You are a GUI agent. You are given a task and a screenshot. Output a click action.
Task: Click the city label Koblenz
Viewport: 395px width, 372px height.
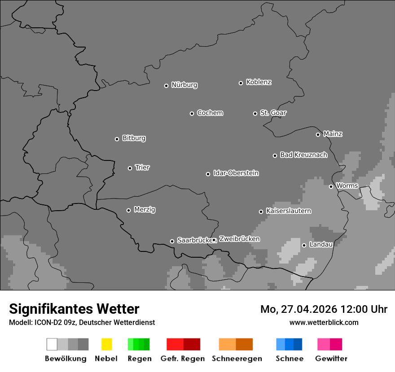[x=259, y=82]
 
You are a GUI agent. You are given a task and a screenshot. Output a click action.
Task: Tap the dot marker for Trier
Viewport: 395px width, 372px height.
[x=130, y=168]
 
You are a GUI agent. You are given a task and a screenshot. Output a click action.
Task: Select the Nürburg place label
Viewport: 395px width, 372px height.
[x=184, y=85]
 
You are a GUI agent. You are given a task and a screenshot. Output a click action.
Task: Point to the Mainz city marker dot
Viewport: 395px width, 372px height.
[x=318, y=134]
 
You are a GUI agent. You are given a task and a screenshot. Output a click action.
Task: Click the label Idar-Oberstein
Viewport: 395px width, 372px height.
[x=236, y=173]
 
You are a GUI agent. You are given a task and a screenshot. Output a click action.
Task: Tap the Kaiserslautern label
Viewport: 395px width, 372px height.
[x=288, y=211]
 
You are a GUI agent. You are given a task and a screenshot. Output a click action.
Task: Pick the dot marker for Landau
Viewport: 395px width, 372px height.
[x=304, y=245]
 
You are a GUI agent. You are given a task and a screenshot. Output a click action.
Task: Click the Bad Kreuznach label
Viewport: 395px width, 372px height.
[x=303, y=155]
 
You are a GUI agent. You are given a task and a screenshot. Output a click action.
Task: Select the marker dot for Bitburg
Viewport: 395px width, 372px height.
[x=117, y=139]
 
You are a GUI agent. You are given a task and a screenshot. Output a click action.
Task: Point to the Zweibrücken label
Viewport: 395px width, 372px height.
[x=239, y=239]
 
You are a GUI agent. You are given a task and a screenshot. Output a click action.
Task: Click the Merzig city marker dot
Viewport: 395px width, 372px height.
[x=128, y=210]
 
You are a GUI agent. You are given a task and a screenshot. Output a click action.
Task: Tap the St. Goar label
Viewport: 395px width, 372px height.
[x=273, y=113]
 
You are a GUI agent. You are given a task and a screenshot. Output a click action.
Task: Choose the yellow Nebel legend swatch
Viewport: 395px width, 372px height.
[x=106, y=344]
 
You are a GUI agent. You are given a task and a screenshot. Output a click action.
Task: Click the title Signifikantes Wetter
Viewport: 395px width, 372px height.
[x=74, y=309]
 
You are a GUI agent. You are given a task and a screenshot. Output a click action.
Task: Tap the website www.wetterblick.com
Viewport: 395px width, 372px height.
[x=324, y=322]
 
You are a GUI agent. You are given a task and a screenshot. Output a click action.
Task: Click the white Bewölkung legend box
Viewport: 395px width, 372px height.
[x=52, y=344]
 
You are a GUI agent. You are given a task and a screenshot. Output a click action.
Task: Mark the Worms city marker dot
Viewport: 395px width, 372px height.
[x=331, y=186]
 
